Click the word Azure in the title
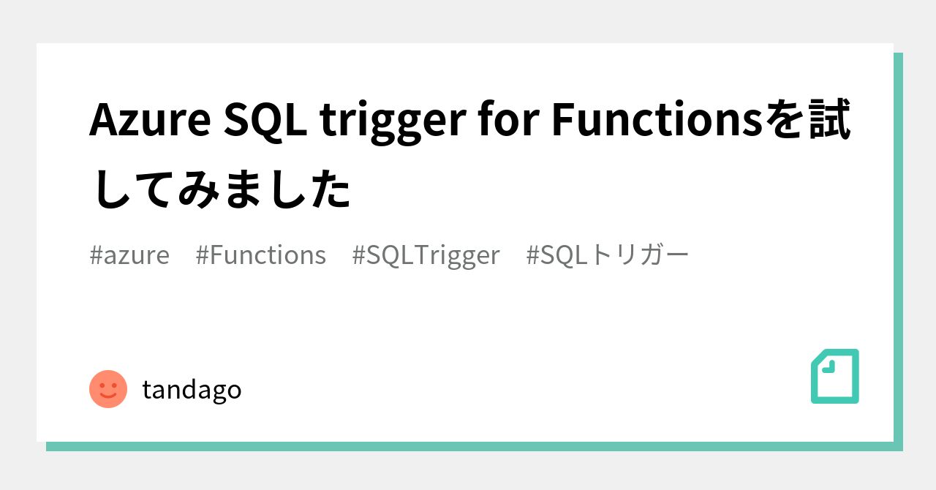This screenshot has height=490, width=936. (150, 121)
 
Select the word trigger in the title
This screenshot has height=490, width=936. (393, 123)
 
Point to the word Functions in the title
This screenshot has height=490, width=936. (657, 119)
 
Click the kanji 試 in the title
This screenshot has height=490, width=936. (830, 119)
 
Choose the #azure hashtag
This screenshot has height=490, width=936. (129, 255)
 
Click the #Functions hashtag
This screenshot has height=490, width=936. (261, 255)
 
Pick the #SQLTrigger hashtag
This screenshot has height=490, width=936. (426, 256)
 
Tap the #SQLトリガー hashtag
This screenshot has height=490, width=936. (607, 255)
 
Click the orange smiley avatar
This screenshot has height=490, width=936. (108, 389)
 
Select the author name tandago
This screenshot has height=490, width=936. (192, 390)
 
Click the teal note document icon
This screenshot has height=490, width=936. (835, 377)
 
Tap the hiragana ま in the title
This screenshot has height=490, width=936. (244, 189)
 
